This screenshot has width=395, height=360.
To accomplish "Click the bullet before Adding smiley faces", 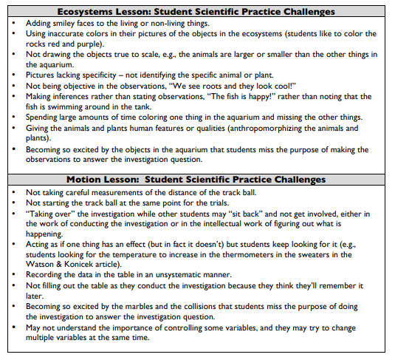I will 15,23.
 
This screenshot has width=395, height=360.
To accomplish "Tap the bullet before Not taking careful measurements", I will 15,191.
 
